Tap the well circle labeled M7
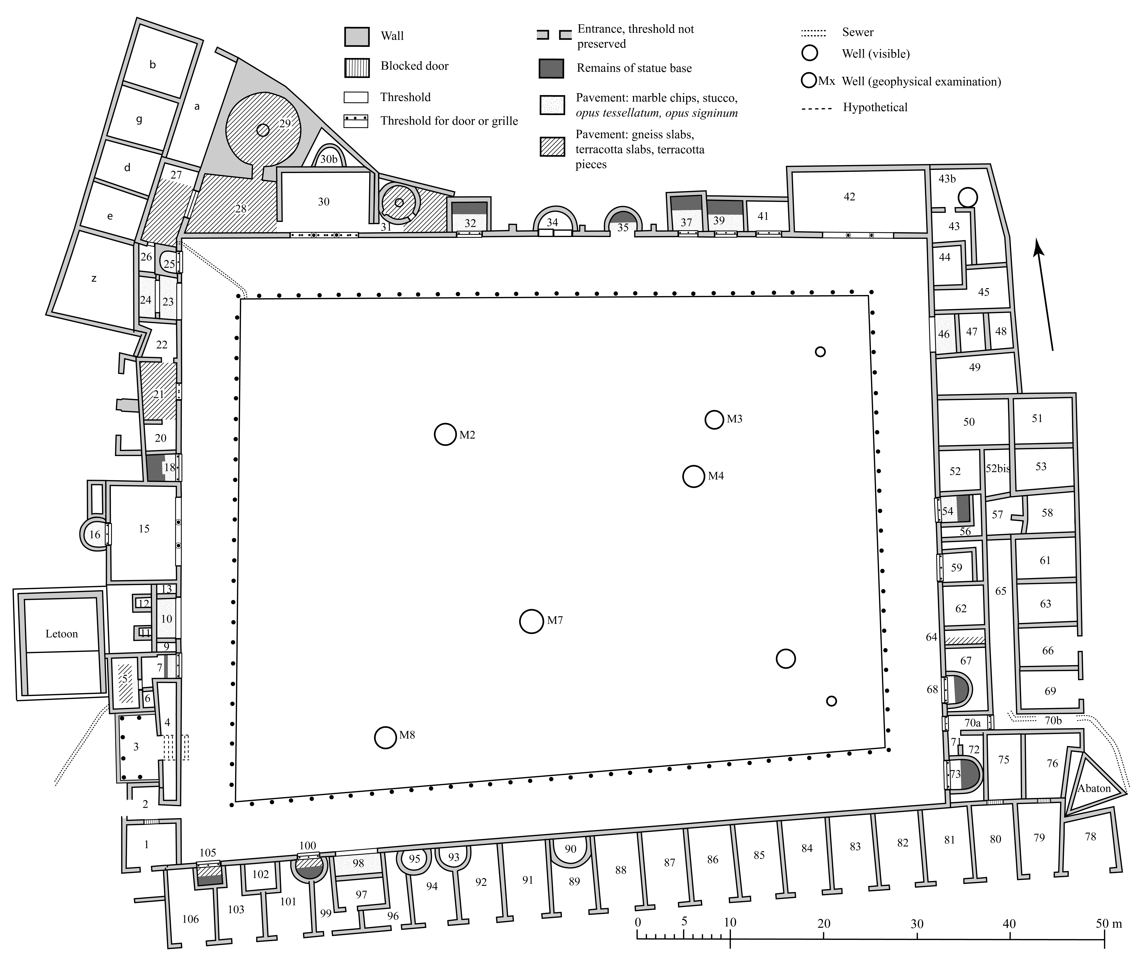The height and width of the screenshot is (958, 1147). (x=531, y=621)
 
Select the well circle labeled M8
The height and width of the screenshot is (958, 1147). (x=385, y=737)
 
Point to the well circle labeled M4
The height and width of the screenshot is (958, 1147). (x=694, y=476)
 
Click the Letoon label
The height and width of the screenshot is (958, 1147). (x=62, y=634)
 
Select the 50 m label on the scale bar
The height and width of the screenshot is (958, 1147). (x=1109, y=924)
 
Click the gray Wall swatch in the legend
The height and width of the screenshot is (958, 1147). (x=357, y=37)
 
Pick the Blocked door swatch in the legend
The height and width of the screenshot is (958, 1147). (x=357, y=67)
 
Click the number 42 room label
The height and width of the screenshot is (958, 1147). (x=849, y=197)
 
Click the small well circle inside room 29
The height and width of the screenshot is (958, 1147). (x=263, y=130)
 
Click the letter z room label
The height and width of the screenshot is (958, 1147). (x=94, y=278)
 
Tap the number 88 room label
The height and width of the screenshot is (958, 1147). (x=620, y=870)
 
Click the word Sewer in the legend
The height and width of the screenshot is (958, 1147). (x=858, y=32)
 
